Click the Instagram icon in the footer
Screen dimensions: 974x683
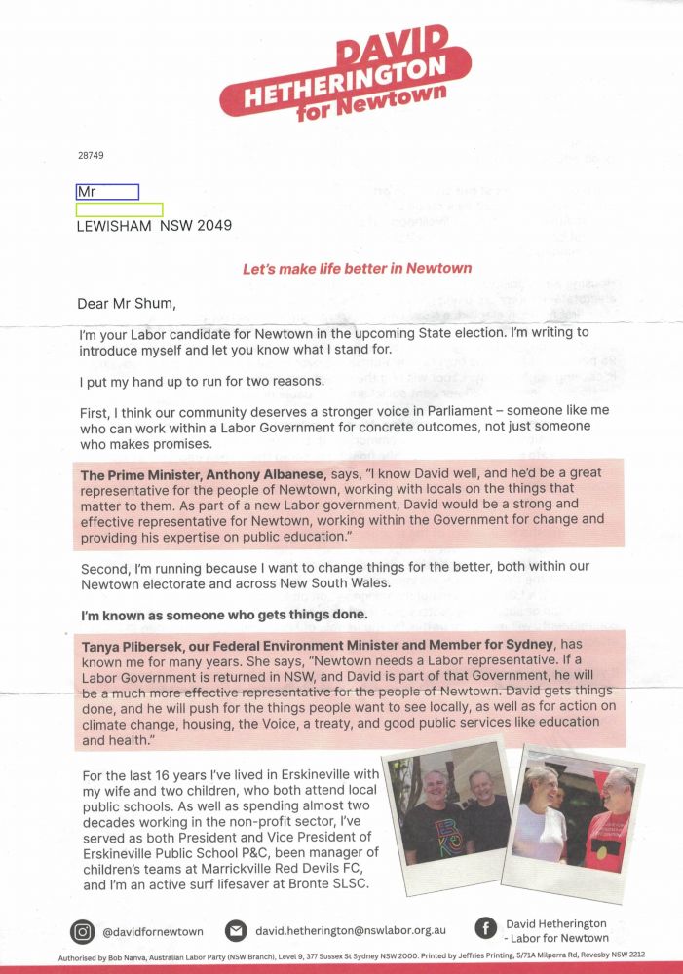pyautogui.click(x=83, y=932)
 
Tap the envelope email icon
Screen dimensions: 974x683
pyautogui.click(x=236, y=932)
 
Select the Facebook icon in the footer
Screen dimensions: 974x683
pyautogui.click(x=484, y=930)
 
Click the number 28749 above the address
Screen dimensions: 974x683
pyautogui.click(x=91, y=155)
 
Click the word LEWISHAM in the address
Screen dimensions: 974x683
pyautogui.click(x=114, y=226)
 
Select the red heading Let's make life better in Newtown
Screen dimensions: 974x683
pyautogui.click(x=357, y=268)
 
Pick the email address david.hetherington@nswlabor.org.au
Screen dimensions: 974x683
pyautogui.click(x=351, y=932)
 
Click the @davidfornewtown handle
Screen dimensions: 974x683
pyautogui.click(x=153, y=932)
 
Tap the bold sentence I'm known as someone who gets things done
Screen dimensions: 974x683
pyautogui.click(x=224, y=615)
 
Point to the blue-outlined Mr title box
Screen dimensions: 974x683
pyautogui.click(x=107, y=192)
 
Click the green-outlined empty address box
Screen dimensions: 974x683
pyautogui.click(x=119, y=209)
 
